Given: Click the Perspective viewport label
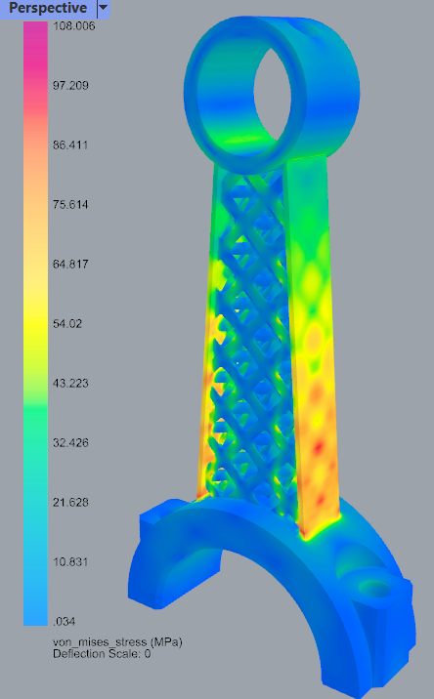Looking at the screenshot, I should click(x=48, y=8).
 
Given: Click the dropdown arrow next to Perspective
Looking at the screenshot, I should click(x=103, y=8).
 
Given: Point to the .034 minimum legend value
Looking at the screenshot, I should click(x=64, y=621).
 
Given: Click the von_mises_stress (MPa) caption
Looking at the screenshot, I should click(x=116, y=641).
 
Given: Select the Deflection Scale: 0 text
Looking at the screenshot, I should click(x=101, y=653).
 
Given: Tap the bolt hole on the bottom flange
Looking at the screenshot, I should click(x=374, y=588).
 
